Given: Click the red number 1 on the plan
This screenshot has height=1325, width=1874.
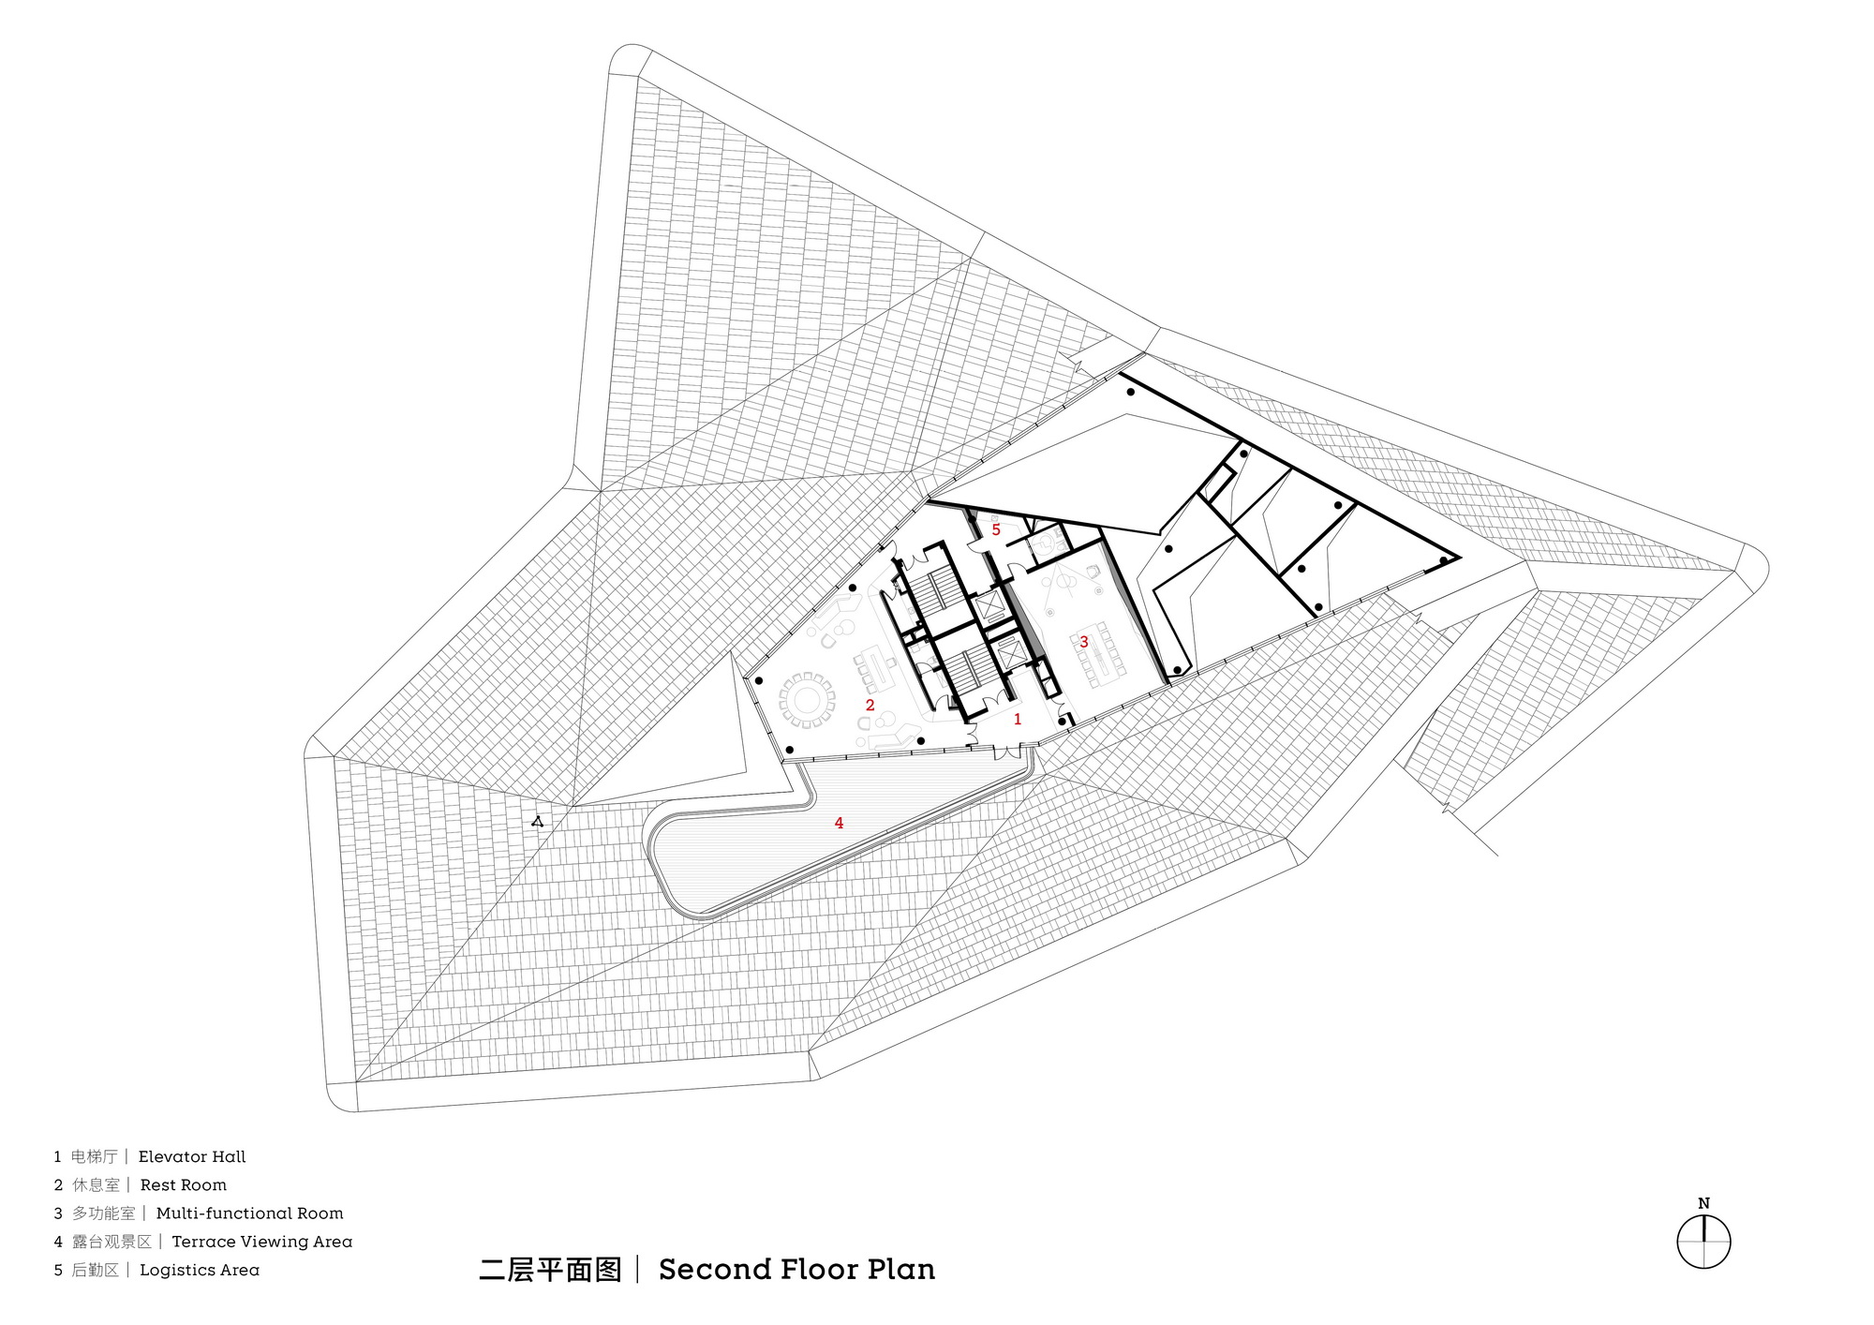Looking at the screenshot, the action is pyautogui.click(x=1018, y=720).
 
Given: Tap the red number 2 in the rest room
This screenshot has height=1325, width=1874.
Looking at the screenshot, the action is pyautogui.click(x=870, y=705).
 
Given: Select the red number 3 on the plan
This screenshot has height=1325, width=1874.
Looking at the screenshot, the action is pyautogui.click(x=1084, y=642).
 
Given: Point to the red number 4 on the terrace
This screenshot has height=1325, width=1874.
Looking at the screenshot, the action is pyautogui.click(x=839, y=823).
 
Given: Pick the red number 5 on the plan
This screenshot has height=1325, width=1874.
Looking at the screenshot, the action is pyautogui.click(x=996, y=529).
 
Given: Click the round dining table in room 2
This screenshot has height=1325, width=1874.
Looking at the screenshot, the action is pyautogui.click(x=807, y=698).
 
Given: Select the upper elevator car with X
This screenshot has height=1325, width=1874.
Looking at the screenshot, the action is pyautogui.click(x=989, y=607).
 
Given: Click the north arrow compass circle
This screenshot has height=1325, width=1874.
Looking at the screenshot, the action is pyautogui.click(x=1703, y=1243).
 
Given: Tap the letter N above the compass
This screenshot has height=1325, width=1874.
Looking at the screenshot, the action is pyautogui.click(x=1703, y=1203).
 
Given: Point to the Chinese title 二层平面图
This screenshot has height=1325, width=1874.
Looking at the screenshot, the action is pyautogui.click(x=551, y=1270).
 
